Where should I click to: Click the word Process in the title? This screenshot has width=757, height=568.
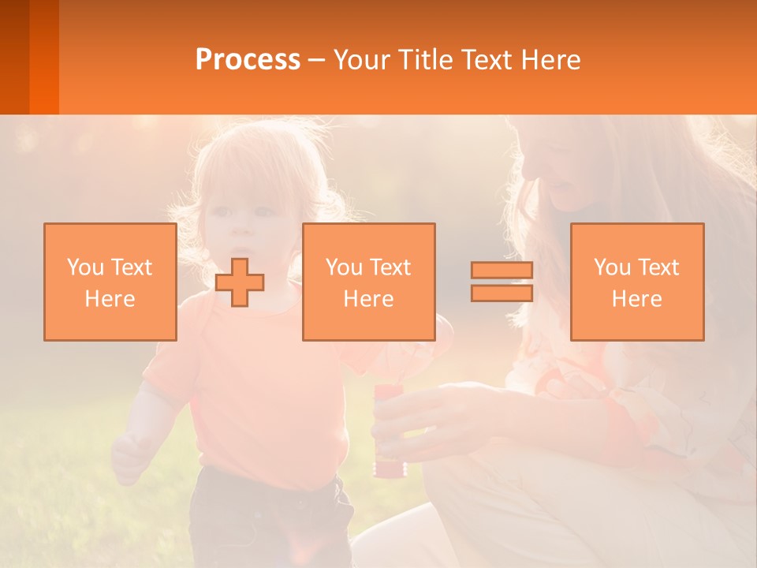point(248,60)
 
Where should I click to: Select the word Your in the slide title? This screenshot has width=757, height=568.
point(362,60)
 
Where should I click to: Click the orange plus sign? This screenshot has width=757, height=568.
point(240,282)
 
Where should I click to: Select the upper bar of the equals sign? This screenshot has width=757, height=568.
point(502,270)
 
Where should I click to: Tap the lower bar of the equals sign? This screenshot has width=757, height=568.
point(502,293)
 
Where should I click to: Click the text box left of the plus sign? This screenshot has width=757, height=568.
point(110,282)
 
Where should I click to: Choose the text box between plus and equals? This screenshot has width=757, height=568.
point(368,282)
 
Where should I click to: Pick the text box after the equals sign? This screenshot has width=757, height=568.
point(636,282)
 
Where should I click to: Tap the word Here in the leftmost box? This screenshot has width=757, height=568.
point(110,299)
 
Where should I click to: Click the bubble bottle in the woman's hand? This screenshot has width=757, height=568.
point(387,430)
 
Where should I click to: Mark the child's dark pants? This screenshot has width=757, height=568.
point(268,521)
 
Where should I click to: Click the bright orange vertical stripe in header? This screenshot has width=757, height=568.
point(44,57)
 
